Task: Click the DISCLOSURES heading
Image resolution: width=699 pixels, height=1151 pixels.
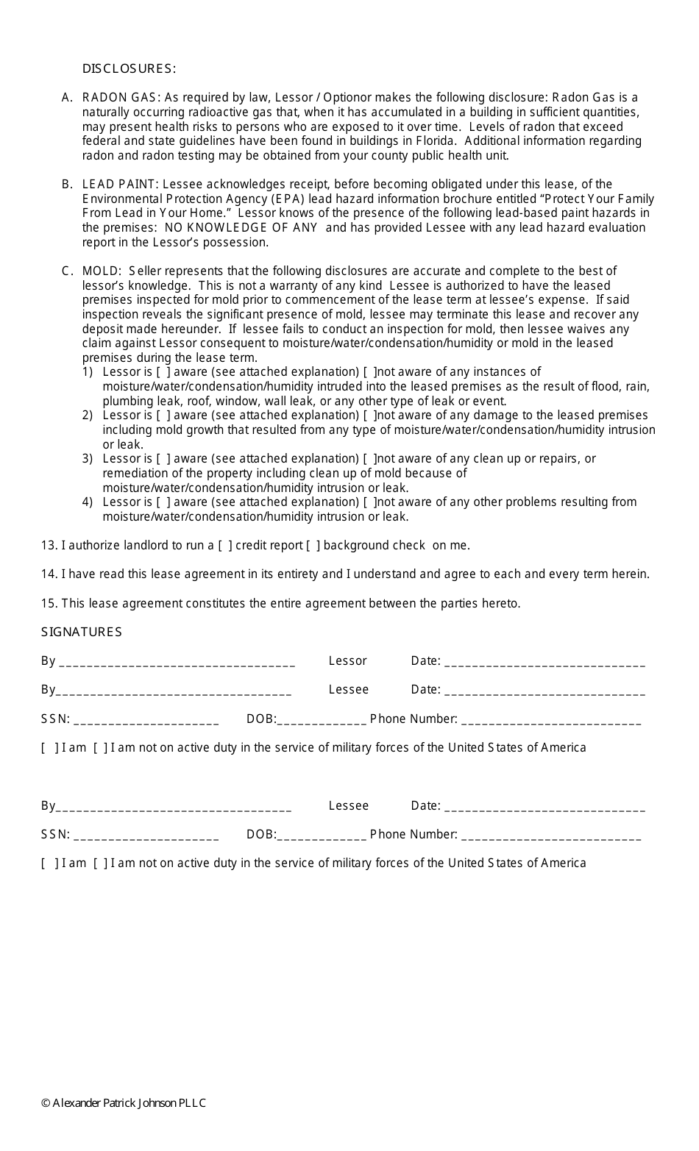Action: coord(129,69)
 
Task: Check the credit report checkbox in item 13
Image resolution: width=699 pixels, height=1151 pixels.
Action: coord(225,546)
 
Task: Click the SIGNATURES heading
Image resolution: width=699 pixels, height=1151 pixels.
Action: coord(82,632)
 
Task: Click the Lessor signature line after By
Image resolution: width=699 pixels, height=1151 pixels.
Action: coord(177,663)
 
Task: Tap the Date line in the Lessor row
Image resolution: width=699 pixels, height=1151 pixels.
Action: coord(545,663)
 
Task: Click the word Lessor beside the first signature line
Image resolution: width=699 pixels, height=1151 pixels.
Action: coord(347,661)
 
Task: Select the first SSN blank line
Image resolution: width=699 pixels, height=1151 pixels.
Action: coord(146,721)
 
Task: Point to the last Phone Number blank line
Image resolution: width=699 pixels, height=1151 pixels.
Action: coord(551,836)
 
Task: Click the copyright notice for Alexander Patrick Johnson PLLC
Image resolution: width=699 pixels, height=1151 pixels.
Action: coord(124,1103)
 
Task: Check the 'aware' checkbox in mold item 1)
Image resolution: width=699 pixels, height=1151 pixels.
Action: coord(163,372)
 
